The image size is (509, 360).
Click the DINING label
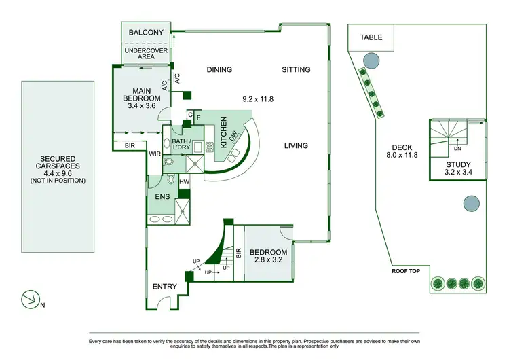pyautogui.click(x=219, y=69)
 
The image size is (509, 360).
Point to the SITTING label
pyautogui.click(x=296, y=69)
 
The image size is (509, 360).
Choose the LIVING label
pyautogui.click(x=296, y=145)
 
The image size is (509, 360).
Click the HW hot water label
pyautogui.click(x=184, y=182)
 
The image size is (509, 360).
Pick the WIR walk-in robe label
pyautogui.click(x=155, y=154)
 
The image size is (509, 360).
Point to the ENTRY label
pyautogui.click(x=164, y=286)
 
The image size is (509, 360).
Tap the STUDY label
pyautogui.click(x=458, y=165)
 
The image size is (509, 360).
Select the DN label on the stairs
pyautogui.click(x=457, y=149)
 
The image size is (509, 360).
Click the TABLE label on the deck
pyautogui.click(x=371, y=37)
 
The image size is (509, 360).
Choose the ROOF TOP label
pyautogui.click(x=407, y=270)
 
